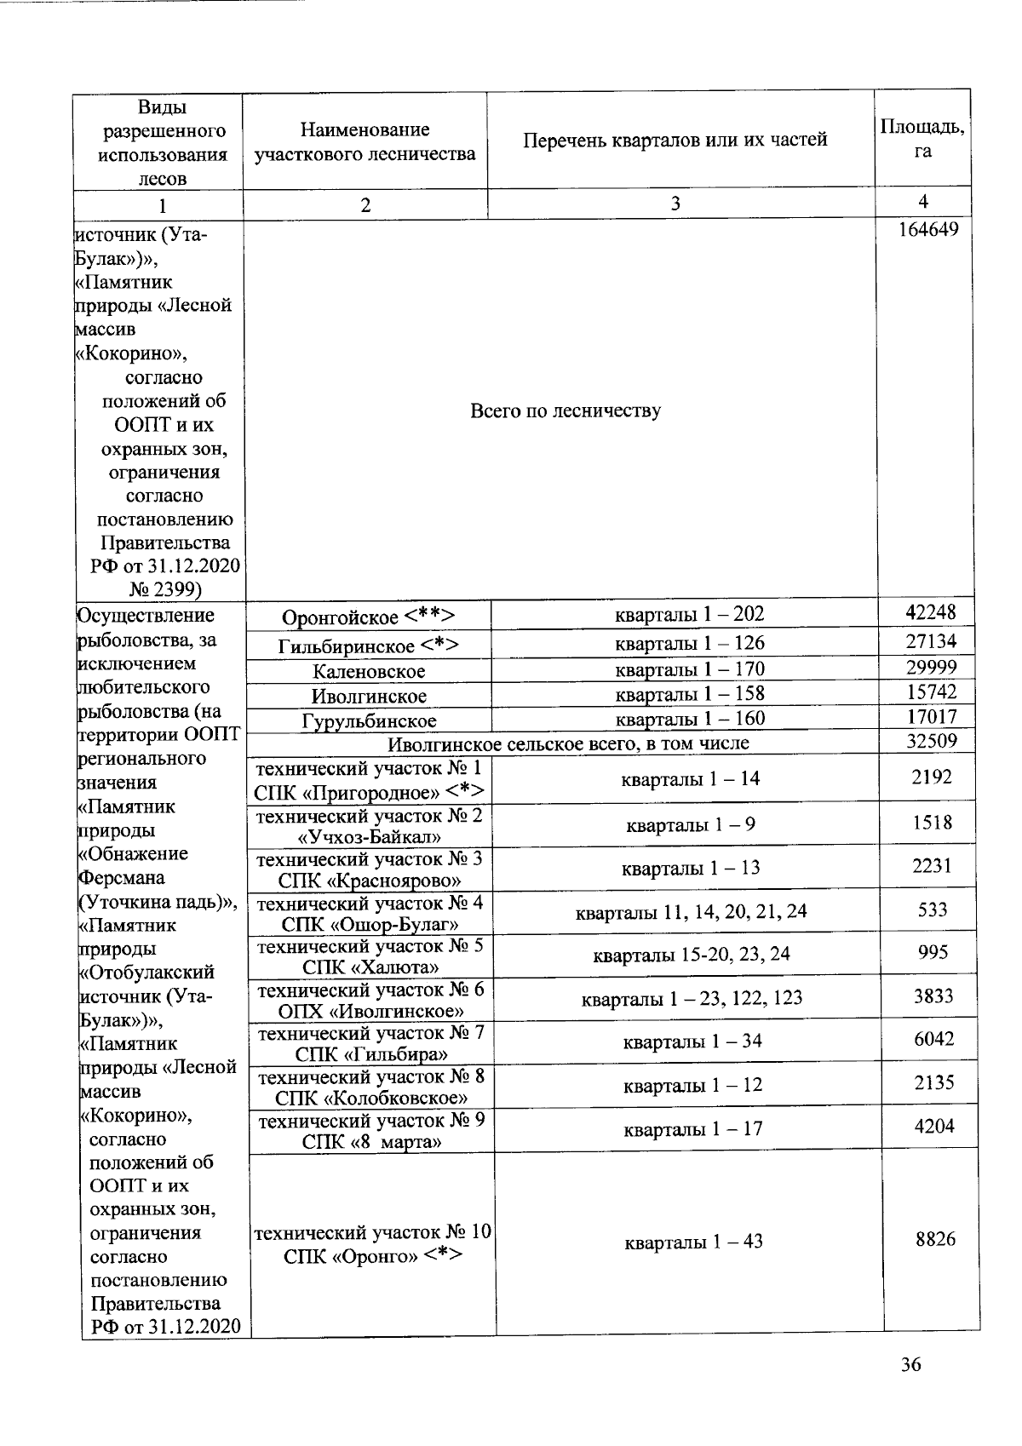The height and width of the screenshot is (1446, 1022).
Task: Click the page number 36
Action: point(910,1365)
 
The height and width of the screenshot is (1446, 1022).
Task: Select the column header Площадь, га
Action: point(922,139)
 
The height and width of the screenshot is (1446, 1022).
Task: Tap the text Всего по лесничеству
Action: point(566,411)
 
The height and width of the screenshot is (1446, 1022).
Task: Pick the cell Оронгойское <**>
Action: point(368,617)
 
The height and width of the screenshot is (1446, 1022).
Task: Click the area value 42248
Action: point(930,612)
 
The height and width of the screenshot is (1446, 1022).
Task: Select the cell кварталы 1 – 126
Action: point(690,643)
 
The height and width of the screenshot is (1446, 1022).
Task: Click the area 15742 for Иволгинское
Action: point(931,692)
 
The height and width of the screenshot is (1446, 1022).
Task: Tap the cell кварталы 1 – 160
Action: point(690,719)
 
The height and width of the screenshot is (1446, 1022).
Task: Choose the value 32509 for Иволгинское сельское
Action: point(931,741)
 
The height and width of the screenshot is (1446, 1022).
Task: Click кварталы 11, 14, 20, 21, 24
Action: point(691,913)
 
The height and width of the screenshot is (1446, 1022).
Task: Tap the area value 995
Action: point(933,952)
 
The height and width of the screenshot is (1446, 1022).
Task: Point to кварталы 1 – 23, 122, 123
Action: point(692,998)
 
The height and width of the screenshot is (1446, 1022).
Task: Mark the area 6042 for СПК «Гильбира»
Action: point(933,1039)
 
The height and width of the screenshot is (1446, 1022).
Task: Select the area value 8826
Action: point(934,1239)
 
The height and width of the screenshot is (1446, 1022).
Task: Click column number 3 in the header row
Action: point(675,204)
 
